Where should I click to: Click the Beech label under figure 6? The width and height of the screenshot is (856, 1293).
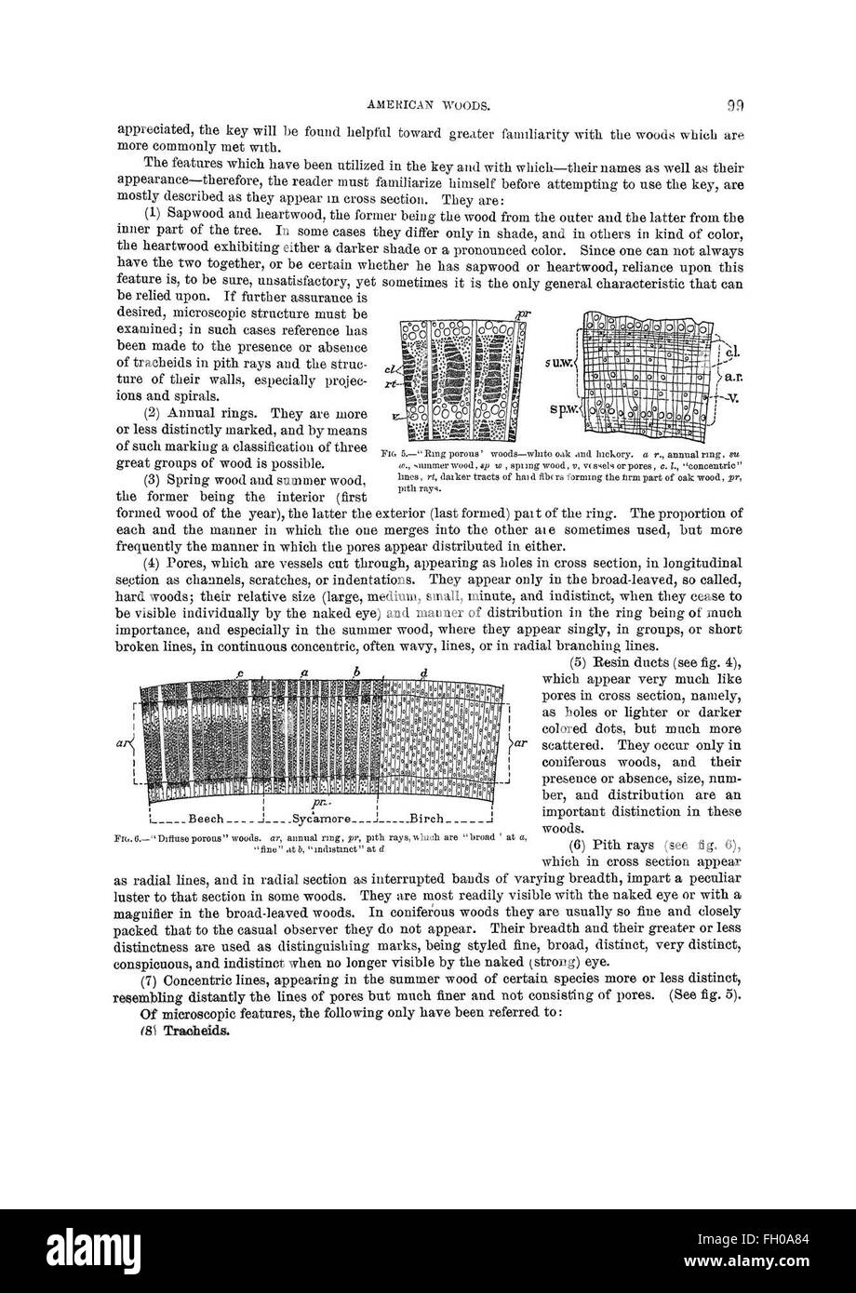point(206,820)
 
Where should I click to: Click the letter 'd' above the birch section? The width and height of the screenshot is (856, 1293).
point(423,673)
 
